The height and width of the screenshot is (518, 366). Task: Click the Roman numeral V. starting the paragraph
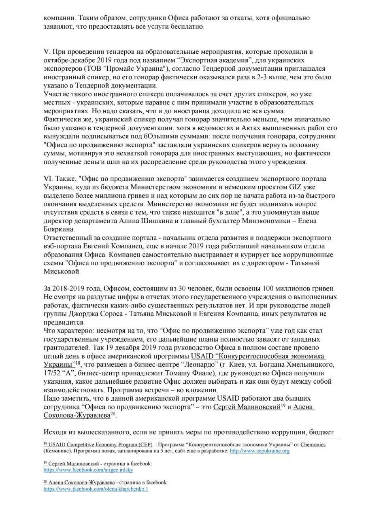[47, 52]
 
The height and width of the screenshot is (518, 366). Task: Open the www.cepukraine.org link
[260, 450]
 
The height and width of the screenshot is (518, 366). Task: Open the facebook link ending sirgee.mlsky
[88, 470]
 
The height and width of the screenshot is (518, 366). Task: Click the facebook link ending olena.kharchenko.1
[96, 489]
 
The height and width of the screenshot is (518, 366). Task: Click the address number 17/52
[53, 372]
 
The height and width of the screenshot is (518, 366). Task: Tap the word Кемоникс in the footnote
[57, 450]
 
